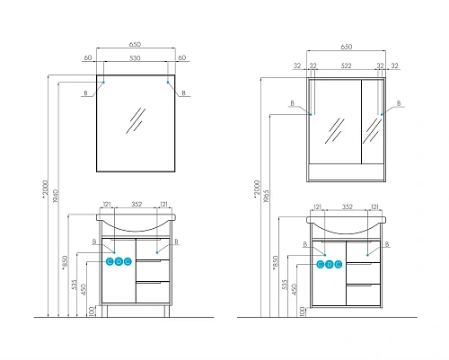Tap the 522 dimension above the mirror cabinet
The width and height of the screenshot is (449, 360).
[x=348, y=66]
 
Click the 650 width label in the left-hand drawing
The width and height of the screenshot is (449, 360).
[x=136, y=41]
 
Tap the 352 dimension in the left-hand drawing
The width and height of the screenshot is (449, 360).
[x=136, y=204]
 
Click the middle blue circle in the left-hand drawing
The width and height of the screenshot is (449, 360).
[x=119, y=262]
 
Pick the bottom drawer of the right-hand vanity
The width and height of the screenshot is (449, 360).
[x=362, y=293]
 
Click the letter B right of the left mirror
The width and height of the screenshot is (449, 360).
[x=183, y=93]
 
